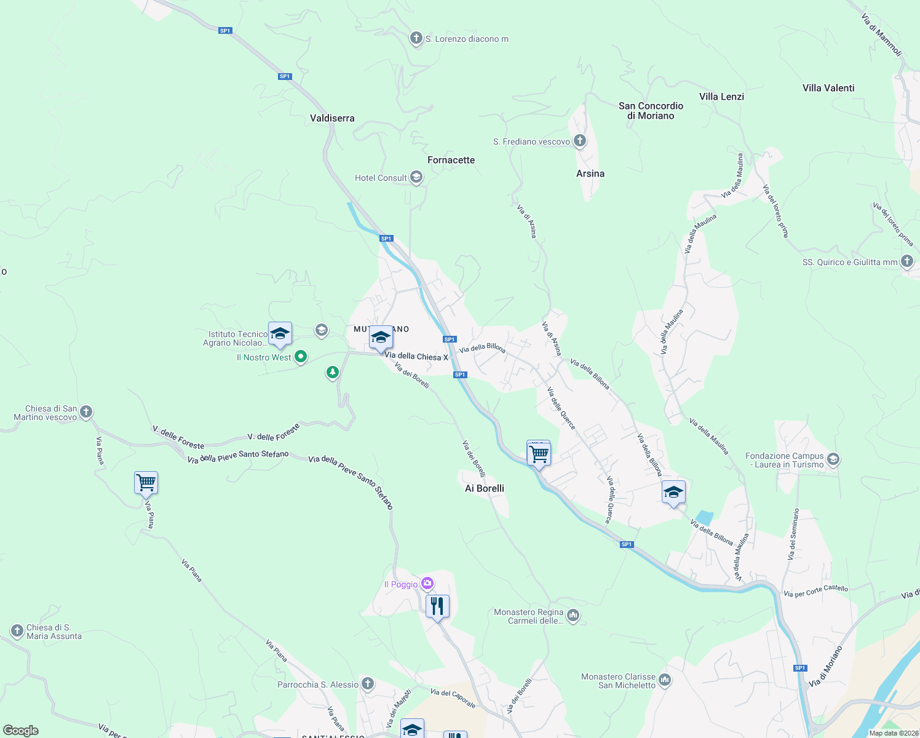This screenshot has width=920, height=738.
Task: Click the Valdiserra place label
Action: (x=332, y=118)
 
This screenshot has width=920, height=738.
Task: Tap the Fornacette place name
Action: (x=451, y=160)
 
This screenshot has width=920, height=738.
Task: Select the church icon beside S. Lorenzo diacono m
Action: (x=416, y=39)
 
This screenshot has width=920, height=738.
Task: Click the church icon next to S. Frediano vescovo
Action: (x=579, y=141)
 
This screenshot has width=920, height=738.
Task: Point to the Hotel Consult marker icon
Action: (x=416, y=178)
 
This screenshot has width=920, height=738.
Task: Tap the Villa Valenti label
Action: (x=828, y=88)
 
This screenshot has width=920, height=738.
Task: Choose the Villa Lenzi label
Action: (x=721, y=97)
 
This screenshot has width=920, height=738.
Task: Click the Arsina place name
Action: (x=590, y=173)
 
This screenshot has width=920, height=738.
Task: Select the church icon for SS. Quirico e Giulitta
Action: (x=907, y=261)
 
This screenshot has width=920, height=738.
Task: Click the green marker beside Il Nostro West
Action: (x=301, y=357)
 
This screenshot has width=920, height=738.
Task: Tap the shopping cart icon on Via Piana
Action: (x=146, y=483)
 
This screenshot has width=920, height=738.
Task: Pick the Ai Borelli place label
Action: (x=485, y=488)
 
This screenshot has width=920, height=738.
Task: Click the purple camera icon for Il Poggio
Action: (x=427, y=584)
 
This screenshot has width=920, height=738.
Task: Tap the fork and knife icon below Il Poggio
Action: (x=437, y=606)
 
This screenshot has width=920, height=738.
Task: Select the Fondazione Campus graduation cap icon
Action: (x=833, y=459)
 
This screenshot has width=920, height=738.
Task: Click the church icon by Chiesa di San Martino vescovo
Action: (x=86, y=412)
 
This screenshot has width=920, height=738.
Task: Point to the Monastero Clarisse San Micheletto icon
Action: (x=664, y=680)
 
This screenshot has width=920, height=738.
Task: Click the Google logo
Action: (x=21, y=731)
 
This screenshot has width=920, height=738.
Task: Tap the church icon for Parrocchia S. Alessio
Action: (x=368, y=684)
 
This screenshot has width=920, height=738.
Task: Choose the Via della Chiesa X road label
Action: (x=416, y=357)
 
